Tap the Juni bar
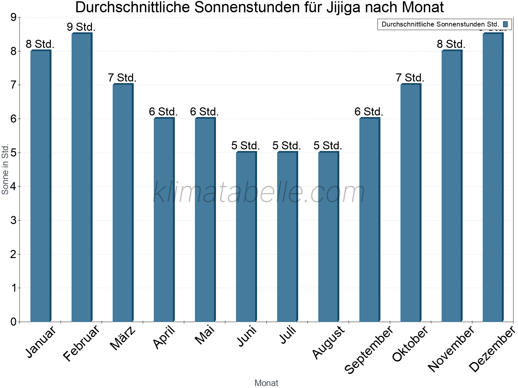pos(246,237)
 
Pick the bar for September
pos(369,220)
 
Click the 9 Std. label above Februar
pos(81,27)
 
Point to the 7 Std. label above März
pos(122,78)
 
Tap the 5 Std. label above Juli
pos(287,145)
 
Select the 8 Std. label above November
pos(451,44)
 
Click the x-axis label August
pos(329,342)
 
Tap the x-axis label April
pos(164,337)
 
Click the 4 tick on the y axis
pos(13,187)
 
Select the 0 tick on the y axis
pos(13,322)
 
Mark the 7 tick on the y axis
pos(13,85)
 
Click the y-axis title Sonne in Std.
pos(5,169)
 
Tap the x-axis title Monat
pos(266,383)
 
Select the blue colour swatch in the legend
pos(505,24)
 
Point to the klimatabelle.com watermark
pos(259,192)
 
